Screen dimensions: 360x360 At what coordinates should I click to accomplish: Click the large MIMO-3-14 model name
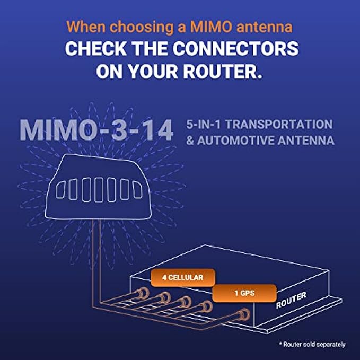(x=96, y=130)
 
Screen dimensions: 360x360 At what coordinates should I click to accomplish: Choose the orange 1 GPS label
(x=244, y=292)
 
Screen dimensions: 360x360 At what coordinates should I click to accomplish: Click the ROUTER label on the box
(x=291, y=300)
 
